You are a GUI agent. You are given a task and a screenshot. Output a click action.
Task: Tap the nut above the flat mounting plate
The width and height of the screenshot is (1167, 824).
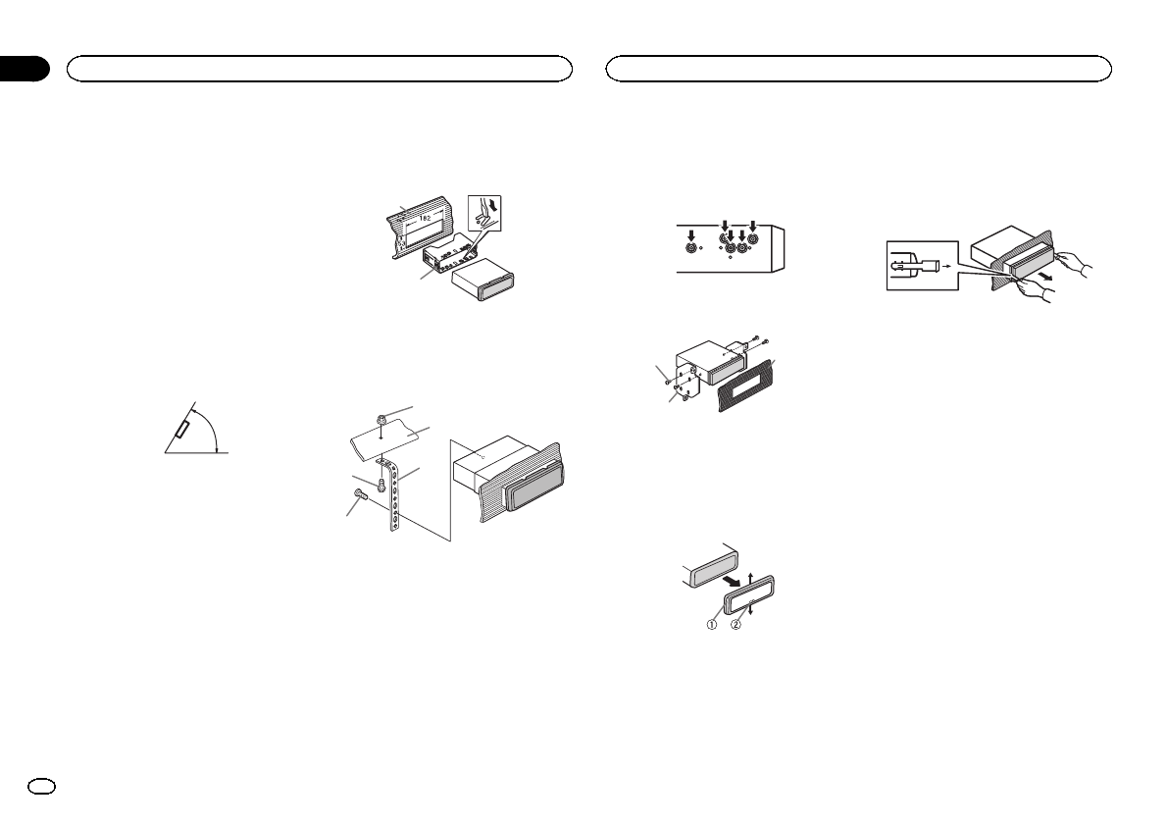pos(382,420)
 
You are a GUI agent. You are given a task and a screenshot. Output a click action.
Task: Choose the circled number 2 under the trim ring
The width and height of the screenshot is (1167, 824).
pos(737,625)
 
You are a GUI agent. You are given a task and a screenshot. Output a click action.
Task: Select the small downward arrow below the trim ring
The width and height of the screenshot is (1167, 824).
pos(750,611)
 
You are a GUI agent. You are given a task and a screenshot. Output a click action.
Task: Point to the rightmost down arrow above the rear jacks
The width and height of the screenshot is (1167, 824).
pos(753,225)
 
